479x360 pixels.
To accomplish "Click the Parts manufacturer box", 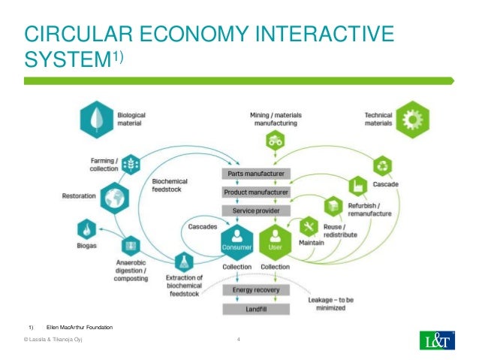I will pos(255,174).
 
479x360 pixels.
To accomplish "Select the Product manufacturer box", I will pos(255,192).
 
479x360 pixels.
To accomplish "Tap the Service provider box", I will pos(255,210).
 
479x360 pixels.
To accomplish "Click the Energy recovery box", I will pos(255,289).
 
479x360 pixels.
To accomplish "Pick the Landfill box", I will pos(255,310).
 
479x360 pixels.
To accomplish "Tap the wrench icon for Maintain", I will pos(309,225).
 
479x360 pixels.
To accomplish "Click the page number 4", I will pos(238,342).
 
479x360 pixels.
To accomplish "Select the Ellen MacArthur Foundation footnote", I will pos(79,328).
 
